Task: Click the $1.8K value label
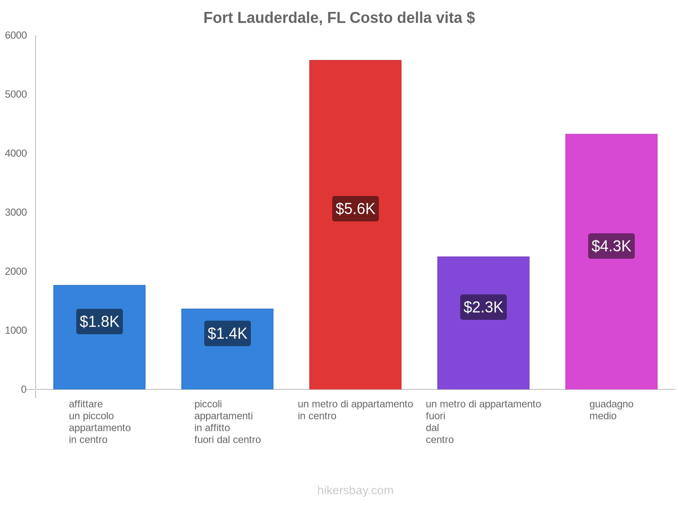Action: pyautogui.click(x=100, y=322)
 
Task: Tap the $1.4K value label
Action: pyautogui.click(x=228, y=333)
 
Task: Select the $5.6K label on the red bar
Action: pyautogui.click(x=355, y=209)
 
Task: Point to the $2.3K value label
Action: pyautogui.click(x=483, y=307)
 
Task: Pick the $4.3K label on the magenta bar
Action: pyautogui.click(x=611, y=246)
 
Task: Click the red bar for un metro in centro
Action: pyautogui.click(x=355, y=127)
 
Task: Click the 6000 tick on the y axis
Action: pyautogui.click(x=16, y=36)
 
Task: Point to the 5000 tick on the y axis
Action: pyautogui.click(x=16, y=95)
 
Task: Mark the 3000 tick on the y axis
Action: pyautogui.click(x=16, y=213)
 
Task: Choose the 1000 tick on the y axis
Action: pyautogui.click(x=16, y=330)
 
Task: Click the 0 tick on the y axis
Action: pyautogui.click(x=24, y=389)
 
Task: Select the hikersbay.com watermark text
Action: pyautogui.click(x=355, y=490)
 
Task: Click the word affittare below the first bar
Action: pyautogui.click(x=86, y=404)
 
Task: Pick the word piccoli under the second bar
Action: pyautogui.click(x=208, y=404)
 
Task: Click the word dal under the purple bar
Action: pyautogui.click(x=432, y=428)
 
